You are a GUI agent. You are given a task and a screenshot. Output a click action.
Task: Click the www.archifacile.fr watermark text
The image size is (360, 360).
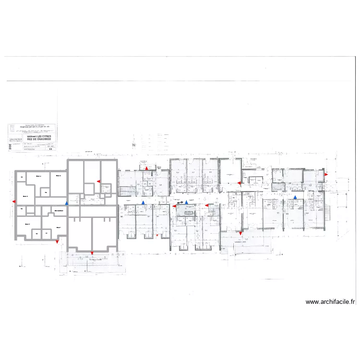pyautogui.click(x=330, y=302)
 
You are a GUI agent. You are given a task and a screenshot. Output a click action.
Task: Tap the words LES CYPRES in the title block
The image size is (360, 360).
pyautogui.click(x=41, y=136)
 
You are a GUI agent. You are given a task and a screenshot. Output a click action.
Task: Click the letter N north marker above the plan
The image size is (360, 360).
pyautogui.click(x=134, y=144)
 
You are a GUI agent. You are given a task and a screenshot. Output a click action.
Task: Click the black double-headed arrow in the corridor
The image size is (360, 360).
pyautogui.click(x=180, y=203)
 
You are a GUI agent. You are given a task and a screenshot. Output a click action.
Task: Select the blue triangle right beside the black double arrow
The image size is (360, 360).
pyautogui.click(x=187, y=203)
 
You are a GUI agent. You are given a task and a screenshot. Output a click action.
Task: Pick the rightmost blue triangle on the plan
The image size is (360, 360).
pyautogui.click(x=295, y=197)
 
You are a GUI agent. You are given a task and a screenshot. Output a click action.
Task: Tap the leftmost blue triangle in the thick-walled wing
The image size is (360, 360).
pyautogui.click(x=67, y=204)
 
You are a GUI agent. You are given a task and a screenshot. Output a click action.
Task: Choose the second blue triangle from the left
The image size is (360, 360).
pyautogui.click(x=143, y=203)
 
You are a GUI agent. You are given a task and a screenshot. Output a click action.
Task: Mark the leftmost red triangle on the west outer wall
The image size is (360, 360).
pyautogui.click(x=14, y=201)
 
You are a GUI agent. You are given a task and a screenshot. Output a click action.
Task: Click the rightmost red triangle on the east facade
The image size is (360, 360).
pyautogui.click(x=326, y=175)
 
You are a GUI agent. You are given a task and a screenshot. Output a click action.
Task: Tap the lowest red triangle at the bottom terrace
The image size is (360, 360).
pyautogui.click(x=92, y=253)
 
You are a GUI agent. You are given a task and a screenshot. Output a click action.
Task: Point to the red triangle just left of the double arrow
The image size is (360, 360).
pyautogui.click(x=174, y=206)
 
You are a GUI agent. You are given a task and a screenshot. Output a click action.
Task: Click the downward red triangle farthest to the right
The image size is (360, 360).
pyautogui.click(x=240, y=234)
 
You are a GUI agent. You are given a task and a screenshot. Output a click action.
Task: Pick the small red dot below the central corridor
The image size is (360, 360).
pyautogui.click(x=157, y=235)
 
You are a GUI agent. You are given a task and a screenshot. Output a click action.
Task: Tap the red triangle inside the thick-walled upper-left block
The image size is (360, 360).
pyautogui.click(x=98, y=181)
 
